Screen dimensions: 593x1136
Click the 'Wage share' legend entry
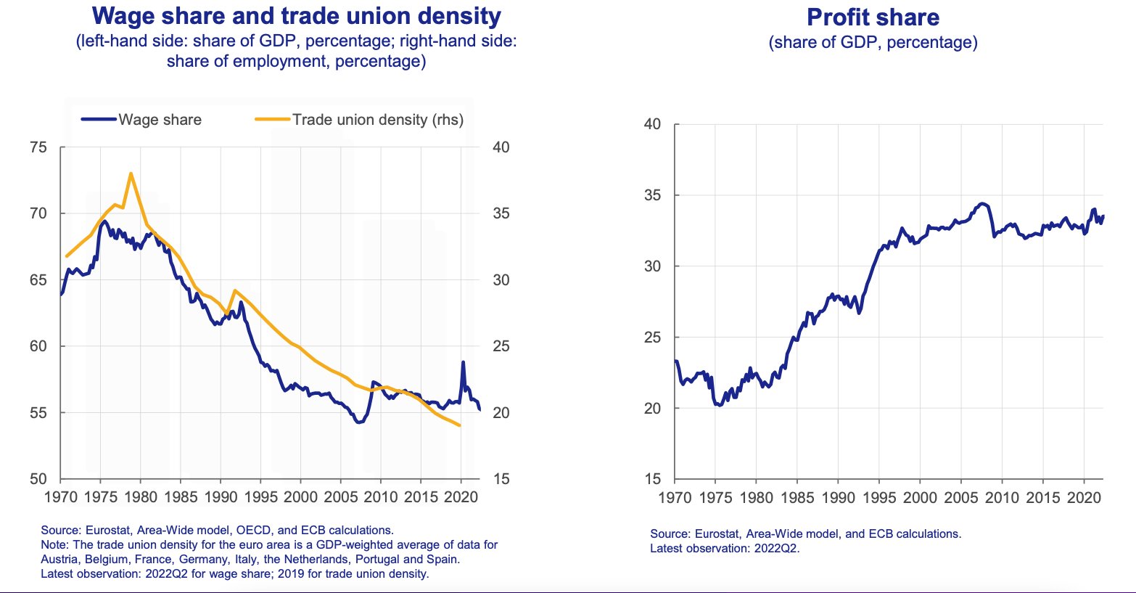160,120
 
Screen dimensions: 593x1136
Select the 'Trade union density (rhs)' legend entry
377,120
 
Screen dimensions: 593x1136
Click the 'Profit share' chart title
873,17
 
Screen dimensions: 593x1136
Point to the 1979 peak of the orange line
131,173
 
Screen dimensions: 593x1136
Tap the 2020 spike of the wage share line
463,362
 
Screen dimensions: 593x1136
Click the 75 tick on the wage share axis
38,147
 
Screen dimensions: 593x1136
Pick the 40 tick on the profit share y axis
652,124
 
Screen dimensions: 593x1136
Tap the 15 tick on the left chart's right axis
501,479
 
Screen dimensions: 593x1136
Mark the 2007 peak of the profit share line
981,203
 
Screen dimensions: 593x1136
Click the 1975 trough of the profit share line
717,404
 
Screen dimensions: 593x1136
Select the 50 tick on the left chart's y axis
38,479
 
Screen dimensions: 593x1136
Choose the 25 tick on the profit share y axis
652,338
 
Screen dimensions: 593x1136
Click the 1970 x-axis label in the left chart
61,497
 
